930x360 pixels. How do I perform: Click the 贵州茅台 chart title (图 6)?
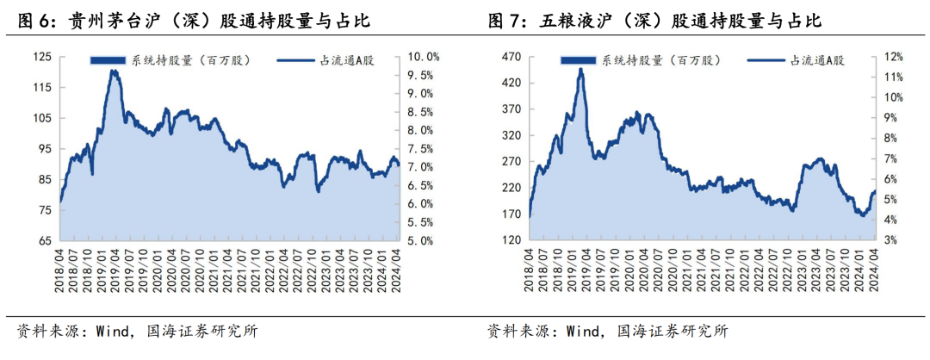(x=195, y=22)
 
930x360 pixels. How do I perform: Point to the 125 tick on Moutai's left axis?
(x=43, y=57)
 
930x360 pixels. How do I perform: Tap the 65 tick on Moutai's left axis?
(x=46, y=241)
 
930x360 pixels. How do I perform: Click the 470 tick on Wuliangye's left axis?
(x=512, y=57)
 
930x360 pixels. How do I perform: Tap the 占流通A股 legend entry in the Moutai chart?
(x=325, y=60)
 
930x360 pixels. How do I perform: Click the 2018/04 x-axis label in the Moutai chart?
(x=60, y=270)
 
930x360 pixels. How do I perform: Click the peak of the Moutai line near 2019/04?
(x=114, y=71)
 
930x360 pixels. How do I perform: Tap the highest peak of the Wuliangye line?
(x=581, y=69)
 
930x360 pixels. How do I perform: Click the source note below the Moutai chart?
(x=138, y=331)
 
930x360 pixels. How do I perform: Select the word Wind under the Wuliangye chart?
(x=581, y=331)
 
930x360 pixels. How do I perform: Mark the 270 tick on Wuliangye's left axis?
(x=512, y=162)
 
